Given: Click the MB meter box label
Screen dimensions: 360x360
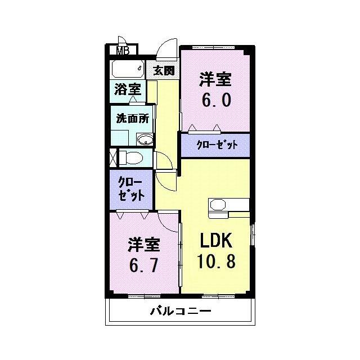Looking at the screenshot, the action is [123, 51].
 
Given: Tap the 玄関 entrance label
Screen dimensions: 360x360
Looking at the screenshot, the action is [164, 70].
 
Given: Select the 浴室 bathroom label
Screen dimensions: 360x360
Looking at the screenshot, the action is [128, 89].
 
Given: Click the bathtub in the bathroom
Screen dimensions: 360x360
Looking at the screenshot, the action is [128, 69].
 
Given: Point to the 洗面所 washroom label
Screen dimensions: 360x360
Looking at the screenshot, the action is [133, 118].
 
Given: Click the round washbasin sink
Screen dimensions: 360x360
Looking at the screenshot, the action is [145, 139].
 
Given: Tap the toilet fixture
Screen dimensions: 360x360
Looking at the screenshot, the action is [131, 157].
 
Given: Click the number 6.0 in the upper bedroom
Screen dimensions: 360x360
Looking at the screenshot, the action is [216, 101].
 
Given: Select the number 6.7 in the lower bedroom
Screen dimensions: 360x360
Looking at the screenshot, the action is [143, 265].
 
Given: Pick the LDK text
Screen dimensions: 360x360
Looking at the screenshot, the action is [215, 240].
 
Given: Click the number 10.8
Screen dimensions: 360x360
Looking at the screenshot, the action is [216, 262].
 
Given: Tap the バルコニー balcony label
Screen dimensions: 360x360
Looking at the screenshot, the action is [181, 311].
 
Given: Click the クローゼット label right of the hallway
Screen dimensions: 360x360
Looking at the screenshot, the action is [217, 145].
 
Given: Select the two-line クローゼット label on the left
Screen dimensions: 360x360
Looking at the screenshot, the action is [131, 190].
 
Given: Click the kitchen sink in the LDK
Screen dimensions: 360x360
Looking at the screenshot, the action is [218, 204].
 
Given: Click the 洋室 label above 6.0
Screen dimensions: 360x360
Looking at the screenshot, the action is [215, 79].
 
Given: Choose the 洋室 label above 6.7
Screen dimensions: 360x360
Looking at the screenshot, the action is [144, 245].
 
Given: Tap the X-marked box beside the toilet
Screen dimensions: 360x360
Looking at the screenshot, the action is [113, 157].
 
